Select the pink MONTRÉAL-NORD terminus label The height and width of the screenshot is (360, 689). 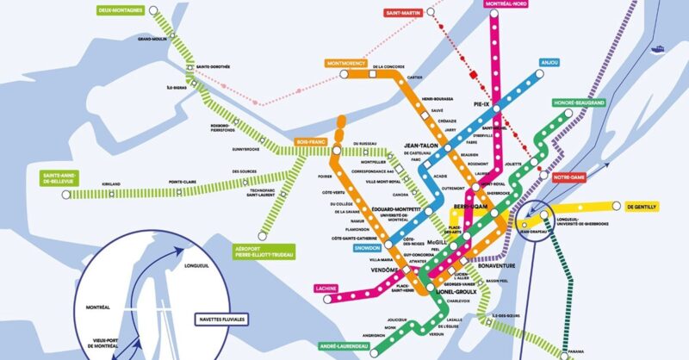click(x=507, y=4)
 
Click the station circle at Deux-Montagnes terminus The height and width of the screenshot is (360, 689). click(x=154, y=12)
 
